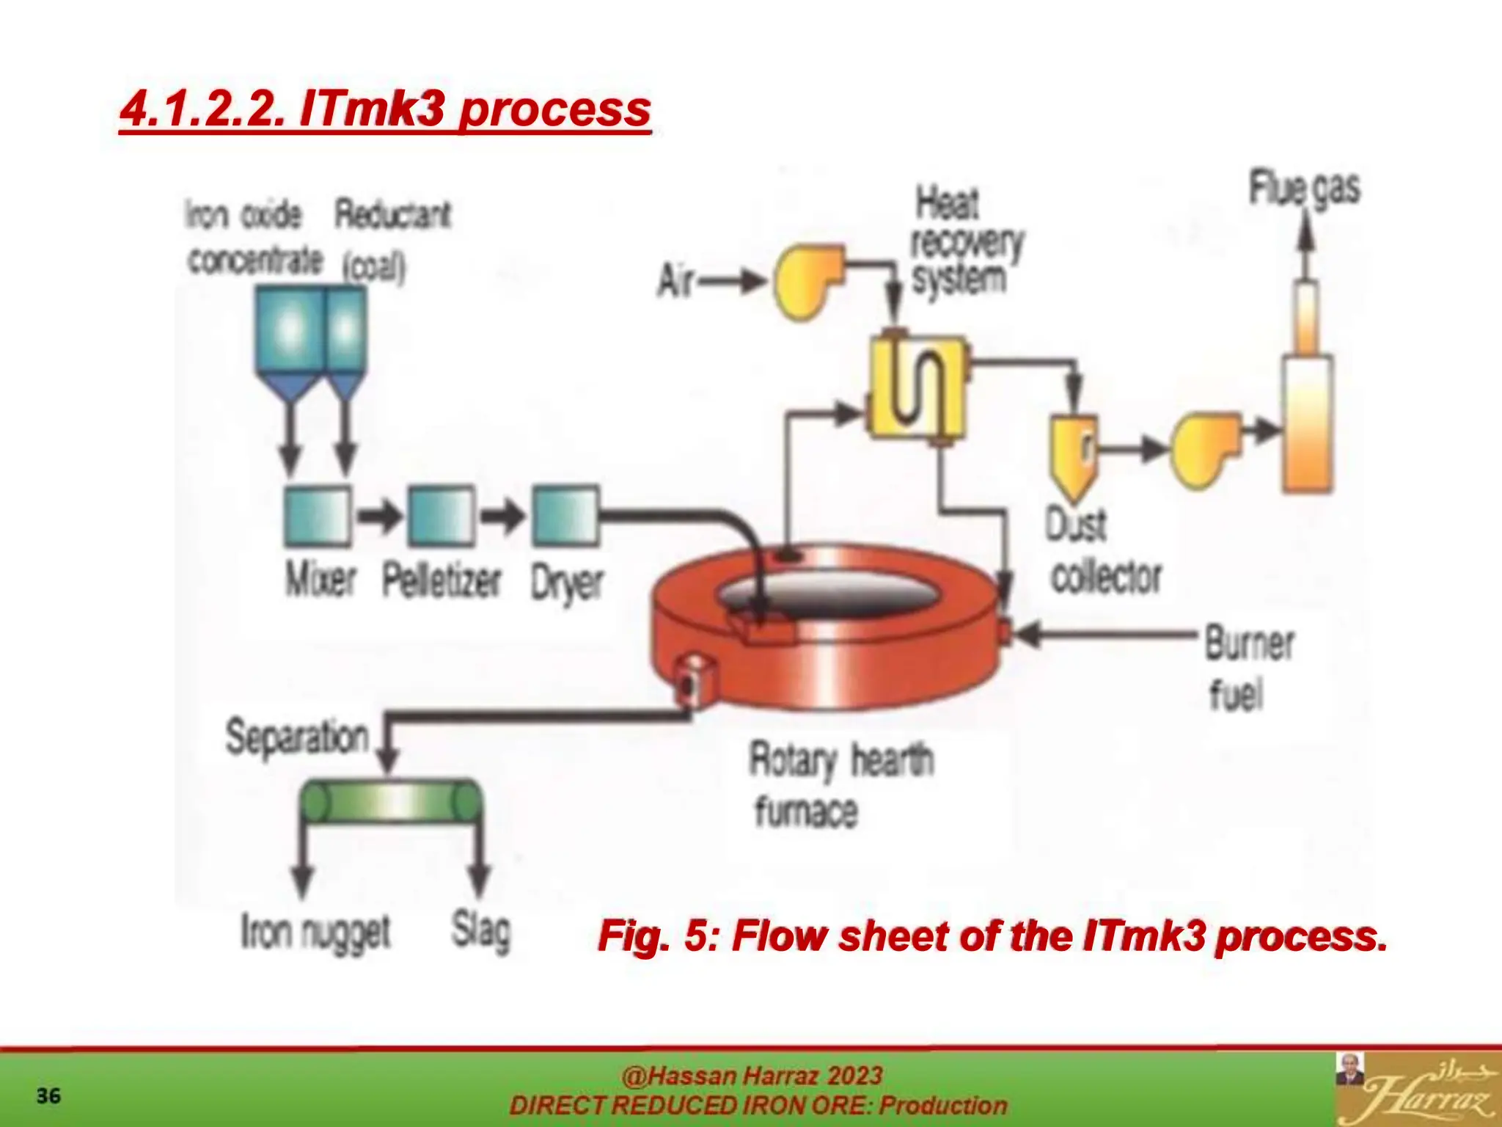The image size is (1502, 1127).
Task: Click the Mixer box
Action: pyautogui.click(x=318, y=516)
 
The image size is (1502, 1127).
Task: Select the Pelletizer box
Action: pyautogui.click(x=441, y=516)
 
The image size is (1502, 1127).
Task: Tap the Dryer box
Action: pyautogui.click(x=565, y=516)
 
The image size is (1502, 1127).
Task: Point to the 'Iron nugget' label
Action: pyautogui.click(x=315, y=933)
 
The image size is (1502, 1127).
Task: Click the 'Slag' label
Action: pyautogui.click(x=480, y=932)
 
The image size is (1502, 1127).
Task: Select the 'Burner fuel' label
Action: pyautogui.click(x=1249, y=668)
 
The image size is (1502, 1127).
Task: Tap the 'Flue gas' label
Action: pyautogui.click(x=1305, y=189)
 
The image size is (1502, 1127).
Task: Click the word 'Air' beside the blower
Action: pyautogui.click(x=675, y=281)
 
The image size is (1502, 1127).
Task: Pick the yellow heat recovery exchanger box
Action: pyautogui.click(x=917, y=387)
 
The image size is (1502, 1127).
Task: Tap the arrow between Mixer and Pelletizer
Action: pyautogui.click(x=379, y=516)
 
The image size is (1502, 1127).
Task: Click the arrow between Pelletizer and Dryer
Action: pyautogui.click(x=503, y=516)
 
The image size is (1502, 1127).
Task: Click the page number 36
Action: pyautogui.click(x=48, y=1096)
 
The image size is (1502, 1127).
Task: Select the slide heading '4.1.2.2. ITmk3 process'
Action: pyautogui.click(x=385, y=109)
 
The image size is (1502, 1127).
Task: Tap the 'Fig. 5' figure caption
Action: pyautogui.click(x=992, y=936)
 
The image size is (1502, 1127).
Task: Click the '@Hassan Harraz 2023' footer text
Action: pyautogui.click(x=752, y=1076)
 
